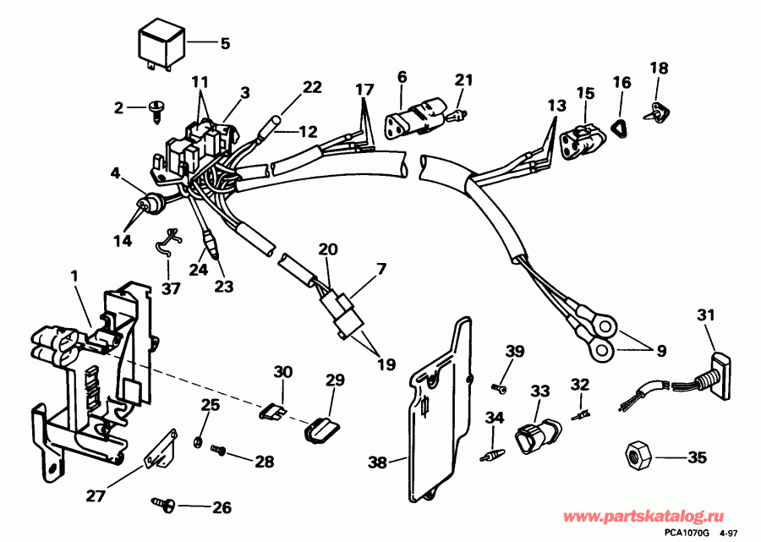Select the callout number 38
click(378, 462)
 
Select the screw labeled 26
click(164, 505)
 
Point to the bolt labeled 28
click(219, 452)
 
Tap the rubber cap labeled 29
click(320, 428)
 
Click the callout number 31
click(705, 316)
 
